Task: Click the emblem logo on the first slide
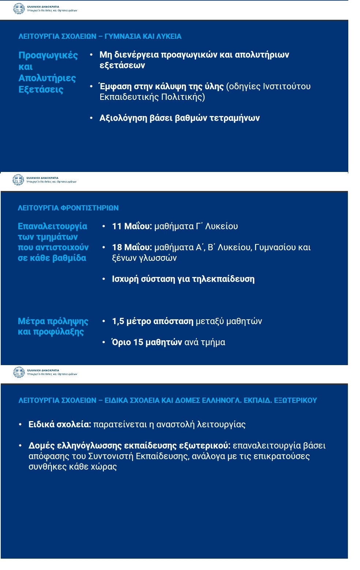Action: tap(19, 8)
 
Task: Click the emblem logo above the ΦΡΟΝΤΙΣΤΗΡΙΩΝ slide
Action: tap(18, 180)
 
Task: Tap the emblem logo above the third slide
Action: tap(19, 372)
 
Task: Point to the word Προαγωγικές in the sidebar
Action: tap(48, 55)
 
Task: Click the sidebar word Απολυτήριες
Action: tap(47, 78)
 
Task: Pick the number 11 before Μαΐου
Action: tap(117, 226)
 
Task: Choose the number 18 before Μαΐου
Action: tap(117, 247)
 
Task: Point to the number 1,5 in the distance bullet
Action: tap(118, 321)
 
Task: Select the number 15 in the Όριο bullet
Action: tap(138, 342)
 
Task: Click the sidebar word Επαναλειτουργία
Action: tap(52, 226)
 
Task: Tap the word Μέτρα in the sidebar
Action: tap(31, 321)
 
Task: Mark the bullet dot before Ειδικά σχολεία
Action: tap(20, 424)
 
